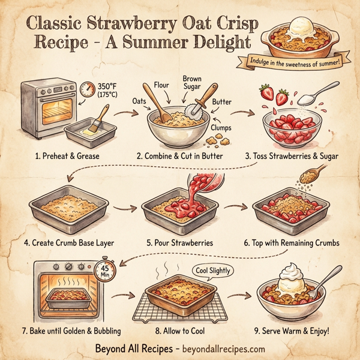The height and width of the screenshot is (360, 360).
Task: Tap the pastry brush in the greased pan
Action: tap(100, 117)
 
